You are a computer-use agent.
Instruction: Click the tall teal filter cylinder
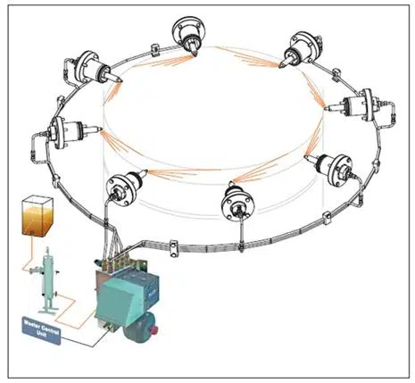point(42,271)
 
